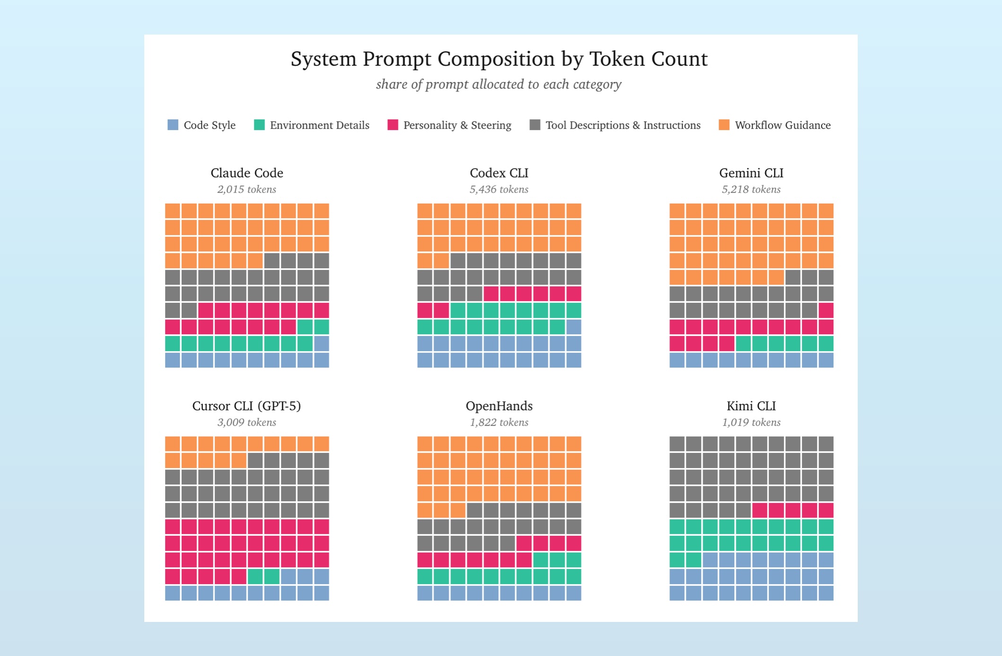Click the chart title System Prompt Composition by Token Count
499,59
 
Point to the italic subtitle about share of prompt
499,84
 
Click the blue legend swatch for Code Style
173,125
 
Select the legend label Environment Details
319,125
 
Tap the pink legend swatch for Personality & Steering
393,125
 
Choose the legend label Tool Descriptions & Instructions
623,125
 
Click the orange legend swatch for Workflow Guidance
724,125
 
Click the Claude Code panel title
247,173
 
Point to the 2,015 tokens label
247,189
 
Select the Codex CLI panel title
499,173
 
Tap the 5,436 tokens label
499,189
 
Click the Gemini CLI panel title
751,173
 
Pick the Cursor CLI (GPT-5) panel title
247,406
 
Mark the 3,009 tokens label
247,422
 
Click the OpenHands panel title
499,406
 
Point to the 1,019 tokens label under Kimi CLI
751,422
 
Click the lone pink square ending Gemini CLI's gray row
826,310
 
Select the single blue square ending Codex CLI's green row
574,327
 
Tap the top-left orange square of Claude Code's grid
173,211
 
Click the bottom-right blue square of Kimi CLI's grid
826,593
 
